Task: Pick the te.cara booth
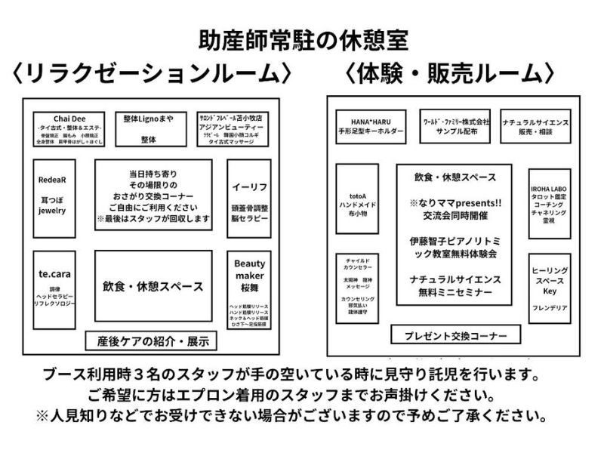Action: point(52,289)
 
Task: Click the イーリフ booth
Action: point(248,196)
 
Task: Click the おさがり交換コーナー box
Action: point(153,195)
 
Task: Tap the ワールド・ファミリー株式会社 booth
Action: point(457,125)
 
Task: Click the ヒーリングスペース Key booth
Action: point(549,287)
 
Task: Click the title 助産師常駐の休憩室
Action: point(302,39)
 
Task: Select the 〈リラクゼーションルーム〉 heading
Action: point(149,74)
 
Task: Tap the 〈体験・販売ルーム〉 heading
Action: point(451,74)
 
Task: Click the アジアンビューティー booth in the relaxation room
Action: point(230,129)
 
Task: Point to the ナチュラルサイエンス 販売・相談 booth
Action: point(535,125)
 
